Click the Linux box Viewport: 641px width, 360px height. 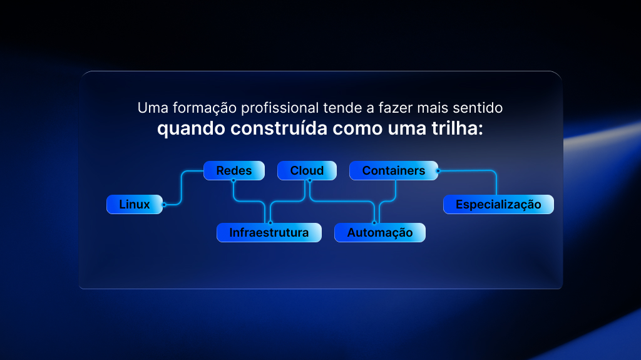click(x=135, y=204)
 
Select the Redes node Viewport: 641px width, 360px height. click(x=234, y=170)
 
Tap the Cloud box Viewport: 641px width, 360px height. click(x=307, y=170)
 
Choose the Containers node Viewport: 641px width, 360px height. click(x=394, y=170)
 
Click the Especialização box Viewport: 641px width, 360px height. click(x=498, y=204)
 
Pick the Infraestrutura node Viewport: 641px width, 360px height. click(x=269, y=232)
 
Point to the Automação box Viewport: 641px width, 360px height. click(x=380, y=232)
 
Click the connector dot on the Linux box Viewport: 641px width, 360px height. click(x=164, y=205)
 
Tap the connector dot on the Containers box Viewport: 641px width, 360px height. click(x=438, y=171)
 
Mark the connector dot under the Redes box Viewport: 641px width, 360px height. click(x=233, y=180)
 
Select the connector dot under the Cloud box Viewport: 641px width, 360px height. click(x=310, y=180)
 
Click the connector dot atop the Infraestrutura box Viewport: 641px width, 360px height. click(x=270, y=223)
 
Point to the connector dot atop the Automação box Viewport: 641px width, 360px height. click(x=374, y=223)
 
